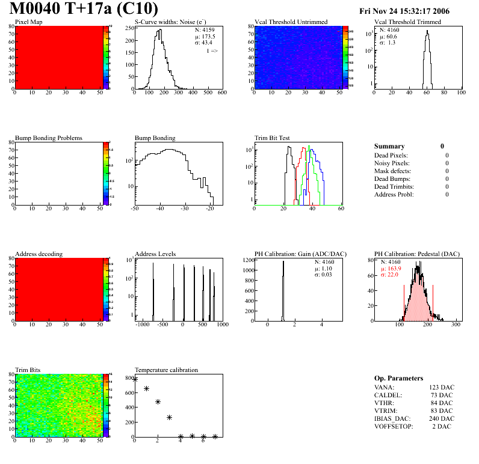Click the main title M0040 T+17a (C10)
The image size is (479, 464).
[x=84, y=9]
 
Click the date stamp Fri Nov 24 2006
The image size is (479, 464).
[x=404, y=11]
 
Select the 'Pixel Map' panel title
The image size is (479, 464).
[x=29, y=22]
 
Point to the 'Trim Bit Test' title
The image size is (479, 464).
[x=273, y=138]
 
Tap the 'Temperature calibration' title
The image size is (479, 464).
[x=166, y=370]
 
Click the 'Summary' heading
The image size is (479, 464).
[x=389, y=146]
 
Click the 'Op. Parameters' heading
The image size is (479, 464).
[x=398, y=378]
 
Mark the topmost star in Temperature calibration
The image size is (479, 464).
[x=135, y=379]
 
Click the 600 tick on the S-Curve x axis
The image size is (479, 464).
[x=221, y=94]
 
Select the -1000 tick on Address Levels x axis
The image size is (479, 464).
[x=143, y=325]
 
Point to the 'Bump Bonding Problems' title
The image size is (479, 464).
[x=49, y=138]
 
